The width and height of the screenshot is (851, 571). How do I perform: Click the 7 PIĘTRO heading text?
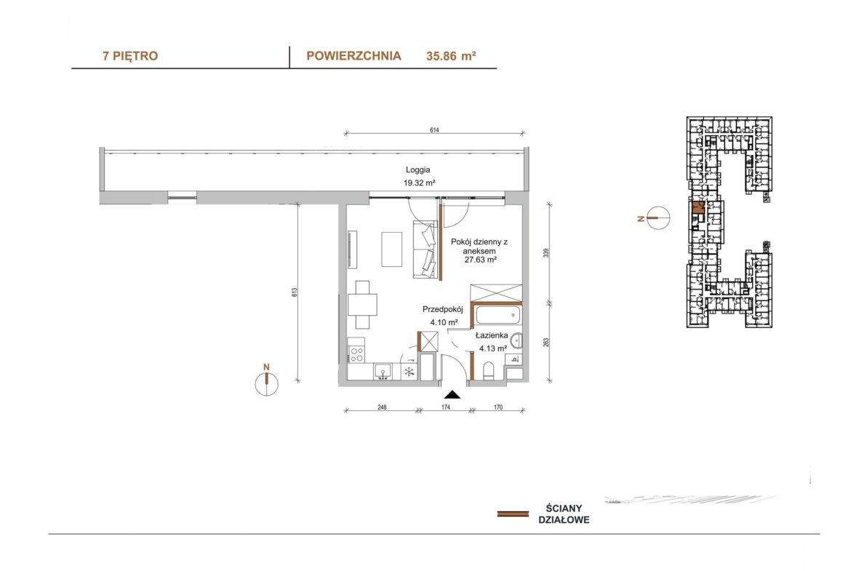[130, 56]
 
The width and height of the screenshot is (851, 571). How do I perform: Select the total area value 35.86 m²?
[451, 56]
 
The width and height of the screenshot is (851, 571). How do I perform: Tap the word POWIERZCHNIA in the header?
[354, 56]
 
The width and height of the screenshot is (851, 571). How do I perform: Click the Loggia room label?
[418, 170]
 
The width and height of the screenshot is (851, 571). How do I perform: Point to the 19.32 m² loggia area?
[419, 183]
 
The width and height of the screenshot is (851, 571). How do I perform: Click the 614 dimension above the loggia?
[434, 129]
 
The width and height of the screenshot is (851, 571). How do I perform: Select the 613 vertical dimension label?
[294, 292]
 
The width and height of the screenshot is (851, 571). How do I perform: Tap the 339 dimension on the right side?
[546, 253]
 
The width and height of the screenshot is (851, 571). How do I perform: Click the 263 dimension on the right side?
[546, 342]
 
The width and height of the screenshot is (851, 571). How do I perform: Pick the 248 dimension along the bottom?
[382, 407]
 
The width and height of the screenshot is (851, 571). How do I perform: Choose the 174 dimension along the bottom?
[446, 407]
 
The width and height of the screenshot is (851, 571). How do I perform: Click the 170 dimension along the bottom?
[498, 407]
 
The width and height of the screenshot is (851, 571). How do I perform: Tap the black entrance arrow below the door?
[452, 394]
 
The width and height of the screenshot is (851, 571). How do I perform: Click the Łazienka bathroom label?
[492, 335]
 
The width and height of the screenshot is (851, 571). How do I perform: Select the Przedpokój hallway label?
[442, 309]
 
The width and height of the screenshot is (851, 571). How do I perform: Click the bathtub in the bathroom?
[498, 315]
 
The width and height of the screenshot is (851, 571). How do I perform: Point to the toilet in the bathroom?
[488, 371]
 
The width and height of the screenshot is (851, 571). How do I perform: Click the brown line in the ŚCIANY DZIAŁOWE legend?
[513, 514]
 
